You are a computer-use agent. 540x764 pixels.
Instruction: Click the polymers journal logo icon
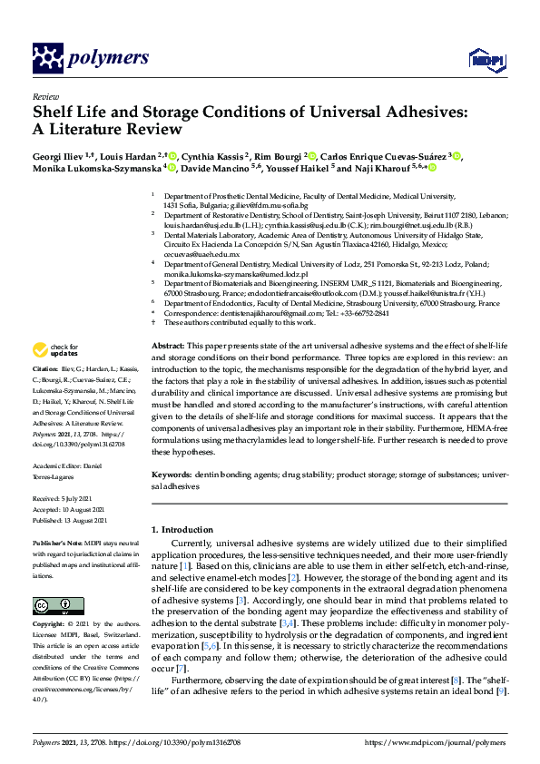[46, 59]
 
